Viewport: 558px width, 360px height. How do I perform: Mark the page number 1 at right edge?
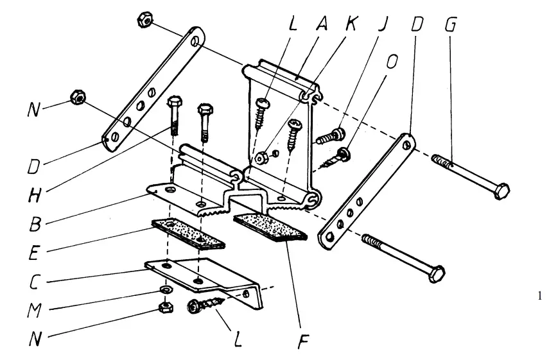pos(540,296)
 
